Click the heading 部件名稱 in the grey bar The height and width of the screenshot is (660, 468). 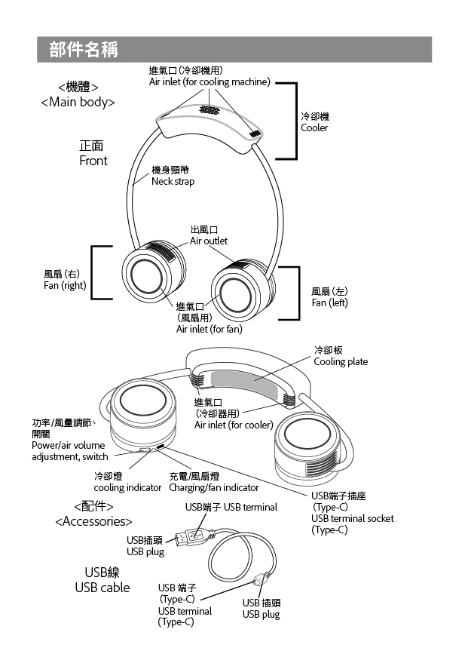point(83,50)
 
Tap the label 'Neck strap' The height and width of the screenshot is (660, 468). point(173,182)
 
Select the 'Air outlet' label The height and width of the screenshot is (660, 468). point(208,241)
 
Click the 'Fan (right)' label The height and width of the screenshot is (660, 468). point(64,285)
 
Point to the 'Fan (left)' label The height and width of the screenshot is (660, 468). point(329,302)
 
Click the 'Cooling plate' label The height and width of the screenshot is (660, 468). point(341,361)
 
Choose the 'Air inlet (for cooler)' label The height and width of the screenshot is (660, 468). point(233,425)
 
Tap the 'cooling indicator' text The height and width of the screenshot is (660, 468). point(127,488)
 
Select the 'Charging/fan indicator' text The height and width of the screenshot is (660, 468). point(213,488)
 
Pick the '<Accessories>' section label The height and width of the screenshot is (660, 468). point(93,521)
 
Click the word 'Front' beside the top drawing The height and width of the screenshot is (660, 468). point(93,161)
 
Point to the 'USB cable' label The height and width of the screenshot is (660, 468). point(102,588)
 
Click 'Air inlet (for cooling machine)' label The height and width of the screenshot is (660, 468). point(209,81)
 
